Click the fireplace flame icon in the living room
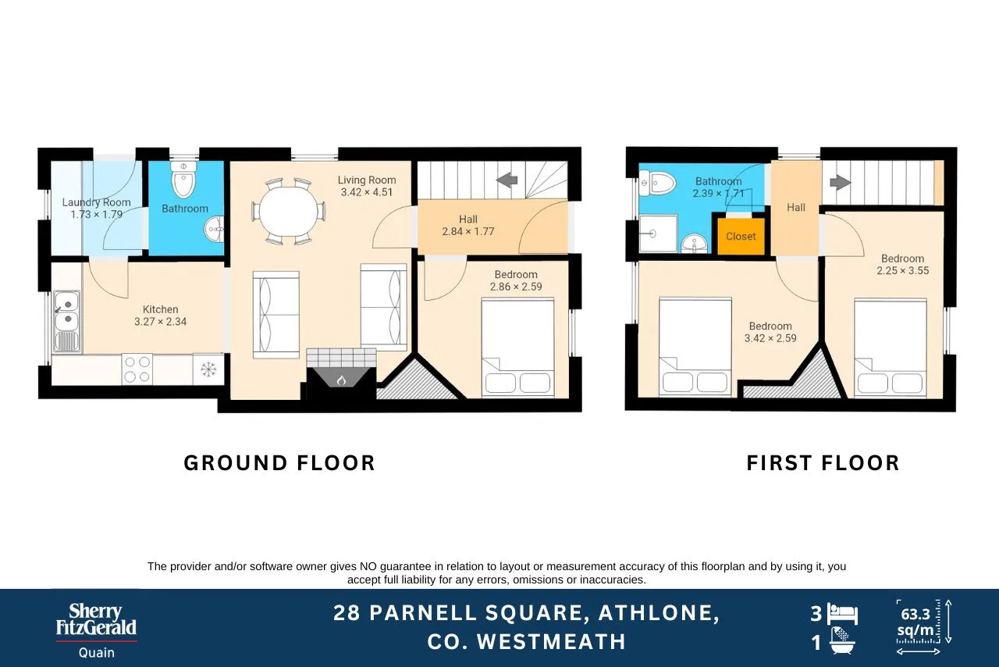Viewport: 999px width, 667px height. click(x=341, y=380)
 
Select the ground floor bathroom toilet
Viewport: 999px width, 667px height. click(x=183, y=180)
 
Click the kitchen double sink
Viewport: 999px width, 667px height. click(x=67, y=321)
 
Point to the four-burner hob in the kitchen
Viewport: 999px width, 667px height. click(x=137, y=369)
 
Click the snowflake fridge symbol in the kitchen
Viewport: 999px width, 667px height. click(x=208, y=369)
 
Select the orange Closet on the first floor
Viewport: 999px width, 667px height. click(x=741, y=236)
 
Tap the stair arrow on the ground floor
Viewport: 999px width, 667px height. click(x=507, y=181)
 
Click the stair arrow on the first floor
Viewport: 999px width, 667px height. click(x=841, y=182)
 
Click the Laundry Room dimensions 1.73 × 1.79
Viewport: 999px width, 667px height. click(x=96, y=214)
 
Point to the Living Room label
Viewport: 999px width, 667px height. click(x=367, y=180)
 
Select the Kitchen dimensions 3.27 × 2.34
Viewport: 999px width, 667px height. click(x=161, y=322)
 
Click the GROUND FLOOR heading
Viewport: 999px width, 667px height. click(x=279, y=463)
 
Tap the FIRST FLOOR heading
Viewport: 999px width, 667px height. click(x=823, y=463)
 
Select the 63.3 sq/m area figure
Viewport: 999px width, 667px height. click(x=915, y=622)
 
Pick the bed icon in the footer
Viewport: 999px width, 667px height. click(x=842, y=615)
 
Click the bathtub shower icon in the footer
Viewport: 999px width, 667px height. click(x=842, y=640)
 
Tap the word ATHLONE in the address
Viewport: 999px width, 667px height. click(x=658, y=613)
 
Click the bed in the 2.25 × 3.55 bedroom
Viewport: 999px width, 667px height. click(x=891, y=347)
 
